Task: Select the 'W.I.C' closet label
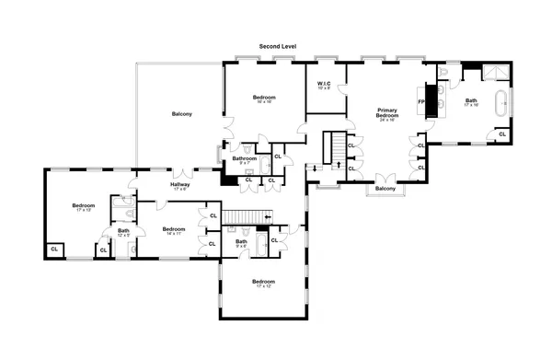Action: coord(323,85)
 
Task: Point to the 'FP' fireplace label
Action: coord(421,101)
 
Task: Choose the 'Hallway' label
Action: coord(179,184)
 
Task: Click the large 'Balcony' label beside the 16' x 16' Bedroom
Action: coord(182,114)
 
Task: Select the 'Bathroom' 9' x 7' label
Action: coord(244,158)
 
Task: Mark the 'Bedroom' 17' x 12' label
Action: coord(263,281)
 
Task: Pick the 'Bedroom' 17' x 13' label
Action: coord(84,205)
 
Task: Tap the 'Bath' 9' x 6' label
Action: coord(241,241)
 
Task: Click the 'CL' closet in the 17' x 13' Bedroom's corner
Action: coord(54,249)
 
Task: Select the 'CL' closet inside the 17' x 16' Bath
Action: coord(502,134)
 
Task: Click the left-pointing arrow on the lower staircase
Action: coord(267,217)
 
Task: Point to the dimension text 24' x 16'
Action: coord(386,120)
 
